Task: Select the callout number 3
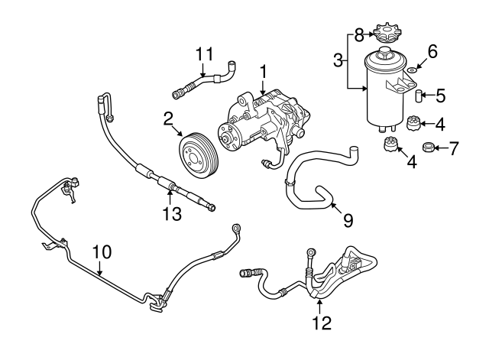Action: [337, 60]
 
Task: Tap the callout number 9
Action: [348, 221]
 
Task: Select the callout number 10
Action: [101, 251]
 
